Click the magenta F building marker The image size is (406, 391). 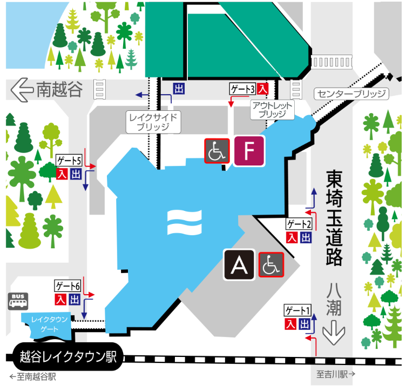249,151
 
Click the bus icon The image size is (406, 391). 18,301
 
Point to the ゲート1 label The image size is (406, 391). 298,310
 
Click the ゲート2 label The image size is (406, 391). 299,224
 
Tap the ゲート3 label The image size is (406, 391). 242,88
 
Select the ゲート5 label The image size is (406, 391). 69,161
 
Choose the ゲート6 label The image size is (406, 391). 68,286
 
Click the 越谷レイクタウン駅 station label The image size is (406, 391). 68,357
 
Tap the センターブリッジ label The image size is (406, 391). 351,94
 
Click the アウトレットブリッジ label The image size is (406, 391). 272,110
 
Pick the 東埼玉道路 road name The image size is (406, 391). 335,219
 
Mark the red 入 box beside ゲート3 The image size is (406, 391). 263,88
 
